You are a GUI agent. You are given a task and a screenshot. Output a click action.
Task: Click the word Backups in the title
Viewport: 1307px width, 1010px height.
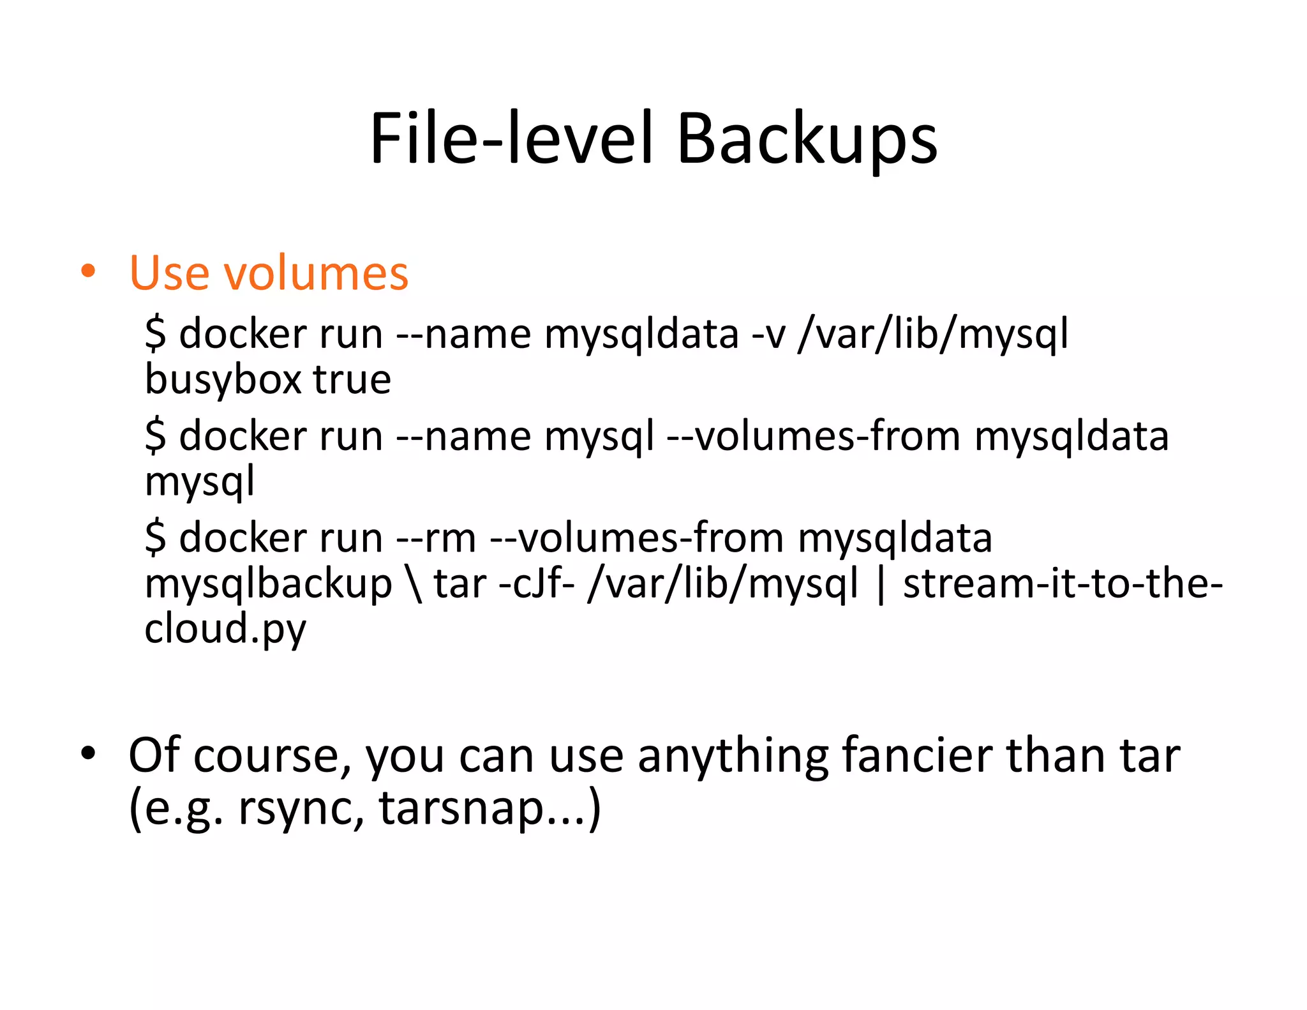[807, 139]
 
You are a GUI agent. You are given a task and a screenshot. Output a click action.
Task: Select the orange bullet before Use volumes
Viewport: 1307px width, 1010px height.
[88, 272]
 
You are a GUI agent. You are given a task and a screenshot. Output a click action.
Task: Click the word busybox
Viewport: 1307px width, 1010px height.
[223, 381]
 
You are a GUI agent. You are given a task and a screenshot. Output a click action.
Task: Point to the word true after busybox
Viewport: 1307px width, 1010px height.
[352, 379]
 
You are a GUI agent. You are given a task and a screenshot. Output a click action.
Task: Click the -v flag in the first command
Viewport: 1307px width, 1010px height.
[768, 335]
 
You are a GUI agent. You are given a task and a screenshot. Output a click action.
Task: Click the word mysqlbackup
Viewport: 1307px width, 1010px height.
[268, 585]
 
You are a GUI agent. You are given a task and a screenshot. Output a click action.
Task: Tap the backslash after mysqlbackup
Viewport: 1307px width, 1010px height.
[414, 585]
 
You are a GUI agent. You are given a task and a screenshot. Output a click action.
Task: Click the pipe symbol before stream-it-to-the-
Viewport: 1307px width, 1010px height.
[881, 585]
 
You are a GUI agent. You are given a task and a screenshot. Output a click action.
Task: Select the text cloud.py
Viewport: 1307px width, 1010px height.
[225, 629]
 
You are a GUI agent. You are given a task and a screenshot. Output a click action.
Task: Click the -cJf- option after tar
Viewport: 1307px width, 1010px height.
[536, 584]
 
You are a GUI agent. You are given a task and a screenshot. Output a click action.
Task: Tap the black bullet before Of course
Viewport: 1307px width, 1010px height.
[88, 754]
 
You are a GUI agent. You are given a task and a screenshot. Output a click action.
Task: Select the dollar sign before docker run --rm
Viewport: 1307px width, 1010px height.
[155, 538]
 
